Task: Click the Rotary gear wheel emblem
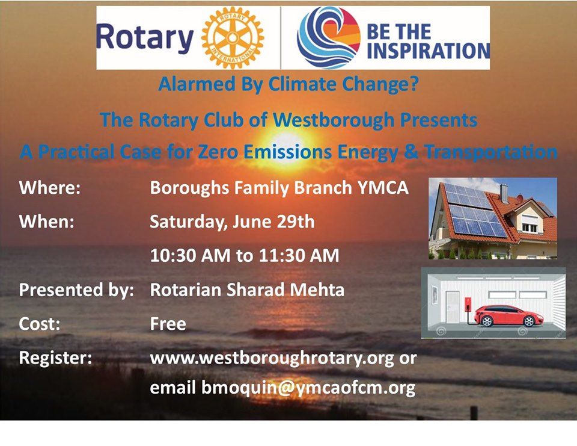[233, 37]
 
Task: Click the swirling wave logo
[329, 37]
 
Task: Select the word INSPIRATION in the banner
[428, 51]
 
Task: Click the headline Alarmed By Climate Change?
[288, 84]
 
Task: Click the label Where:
[50, 187]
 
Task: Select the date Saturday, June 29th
[232, 222]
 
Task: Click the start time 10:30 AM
[191, 255]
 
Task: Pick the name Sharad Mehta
[285, 290]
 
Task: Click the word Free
[168, 324]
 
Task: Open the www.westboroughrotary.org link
[272, 359]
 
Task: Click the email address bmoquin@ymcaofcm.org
[308, 388]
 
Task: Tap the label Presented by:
[76, 290]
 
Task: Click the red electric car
[508, 315]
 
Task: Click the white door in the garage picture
[453, 306]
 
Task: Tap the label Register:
[55, 358]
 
